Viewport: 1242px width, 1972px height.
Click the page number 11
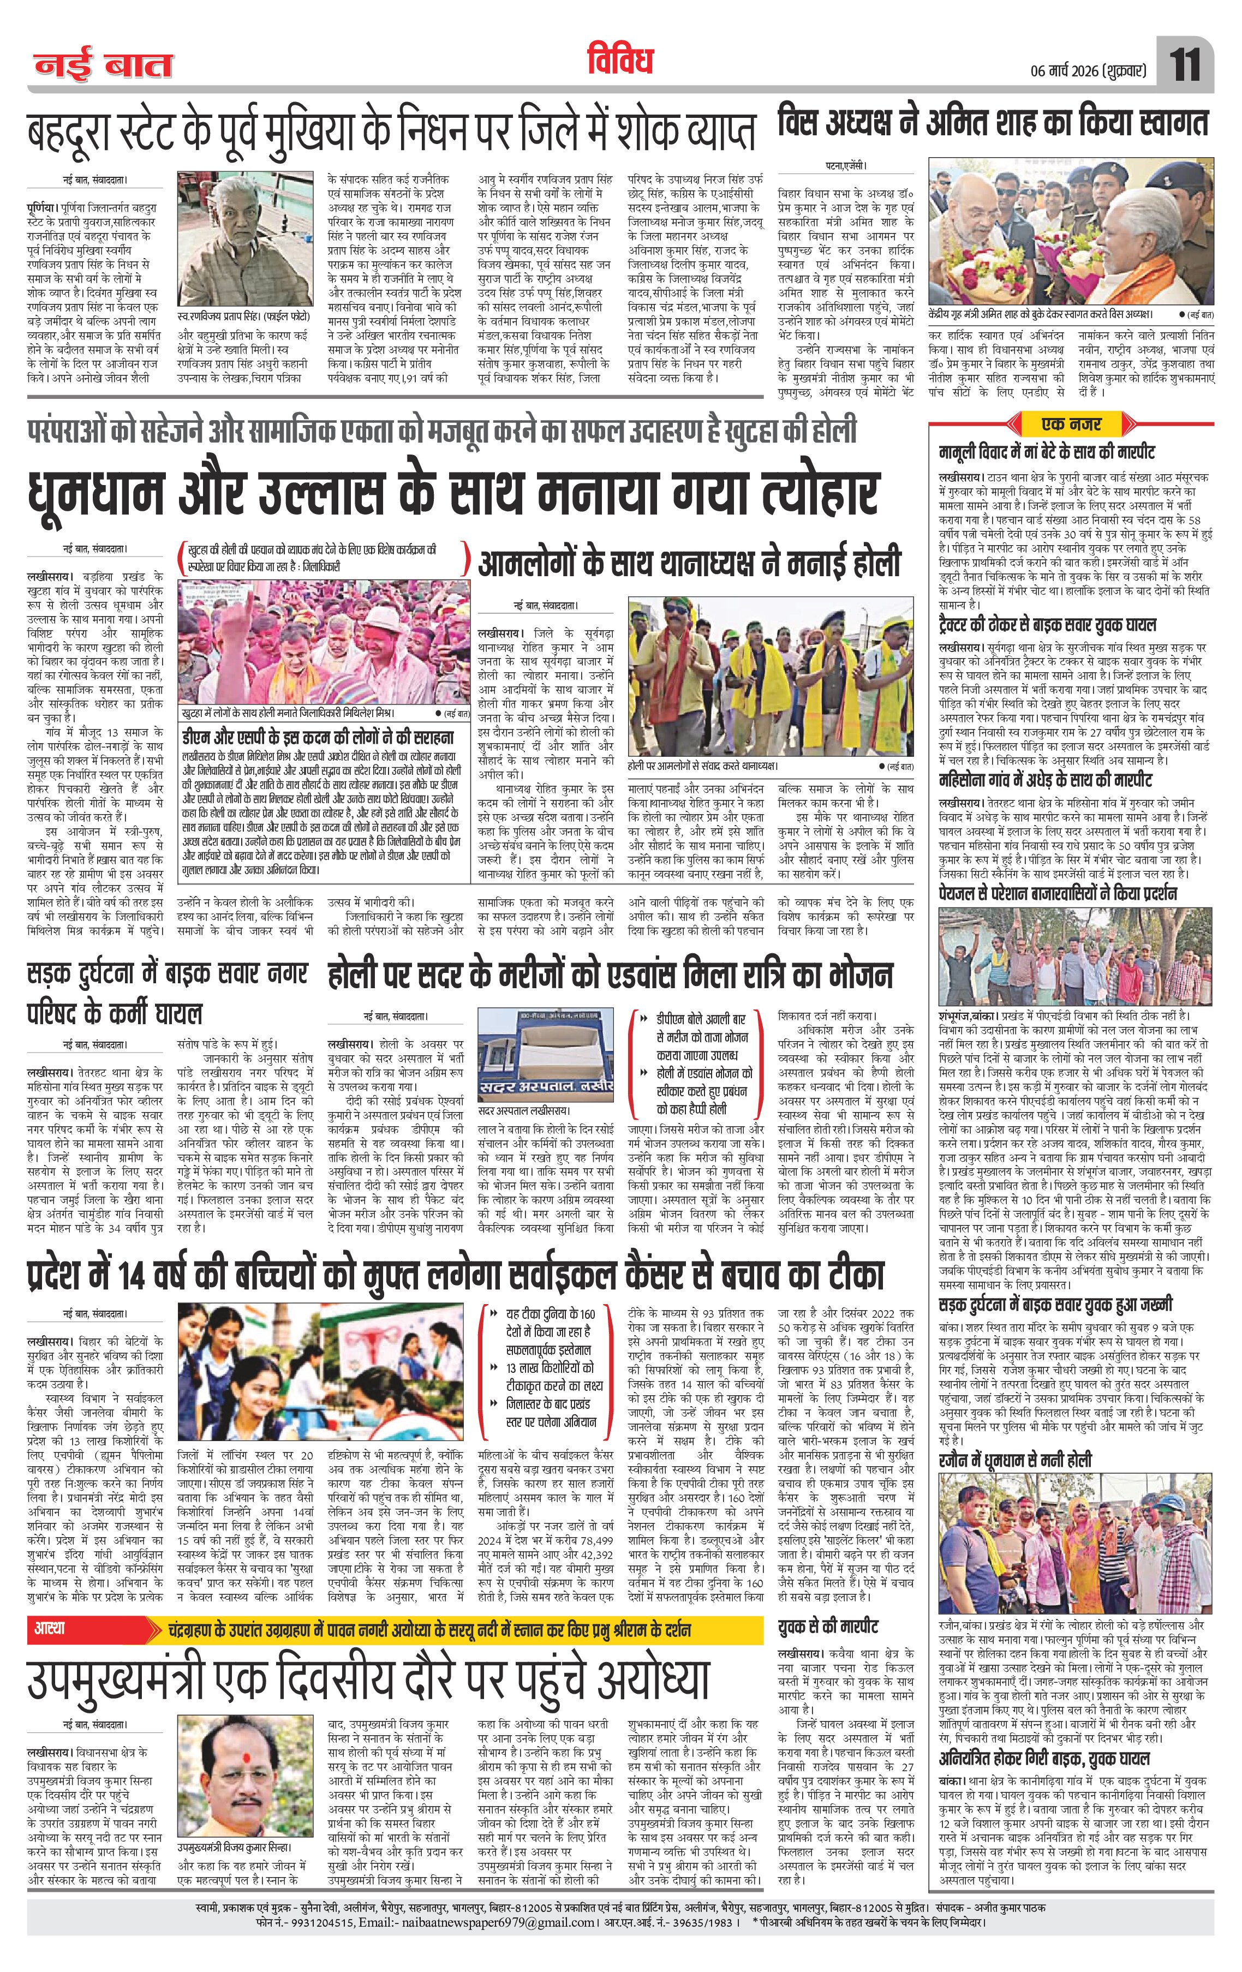click(x=1185, y=64)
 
